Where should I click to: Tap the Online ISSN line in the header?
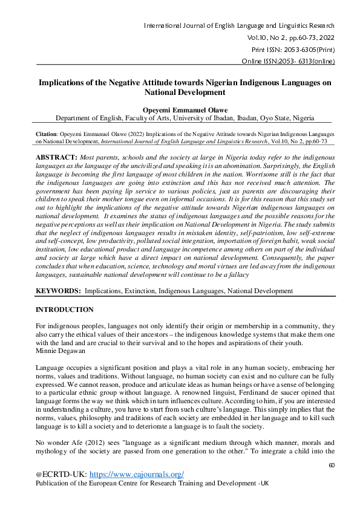pos(288,60)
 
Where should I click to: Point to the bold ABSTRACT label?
pos(56,157)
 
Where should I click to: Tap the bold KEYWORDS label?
pos(58,291)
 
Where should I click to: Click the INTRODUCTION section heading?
pos(65,310)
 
